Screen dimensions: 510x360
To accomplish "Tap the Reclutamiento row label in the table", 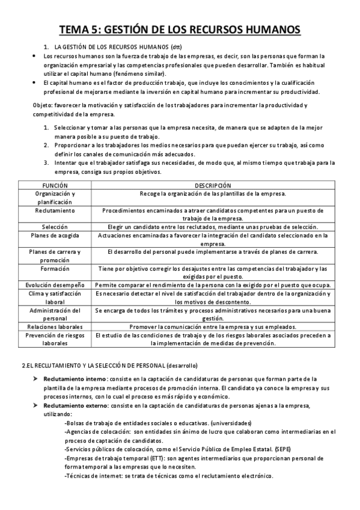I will click(55, 211).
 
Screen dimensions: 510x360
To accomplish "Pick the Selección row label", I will click(55, 227).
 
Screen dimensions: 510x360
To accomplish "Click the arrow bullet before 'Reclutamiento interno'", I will click(36, 379).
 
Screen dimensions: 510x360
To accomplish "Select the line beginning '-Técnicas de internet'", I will click(168, 475).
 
